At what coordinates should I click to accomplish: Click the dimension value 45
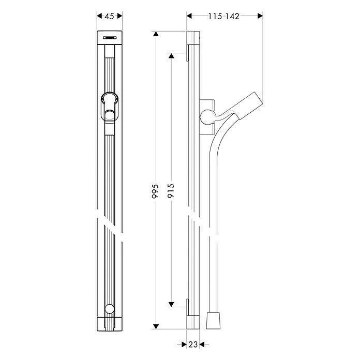tap(109, 16)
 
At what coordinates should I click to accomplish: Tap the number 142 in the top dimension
tap(233, 16)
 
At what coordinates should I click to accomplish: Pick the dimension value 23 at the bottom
tap(192, 343)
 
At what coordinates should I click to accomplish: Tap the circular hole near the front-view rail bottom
tap(109, 309)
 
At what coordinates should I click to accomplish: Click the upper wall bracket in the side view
tap(186, 56)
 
